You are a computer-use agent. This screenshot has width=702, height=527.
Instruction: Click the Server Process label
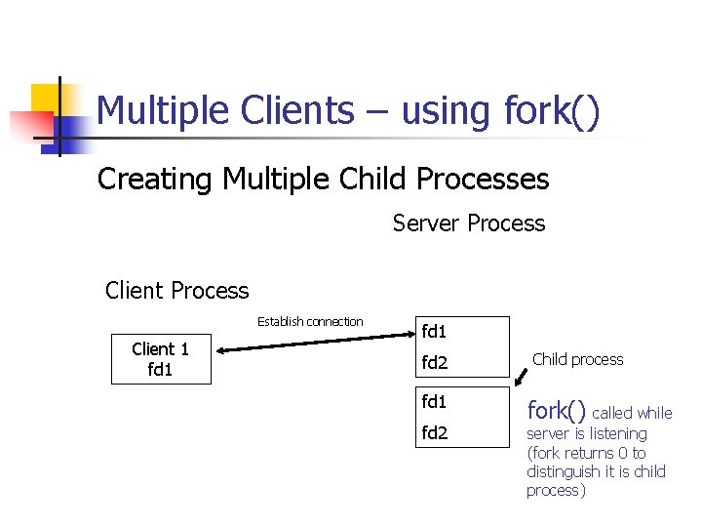click(x=469, y=223)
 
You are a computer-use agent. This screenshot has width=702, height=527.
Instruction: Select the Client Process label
click(x=176, y=291)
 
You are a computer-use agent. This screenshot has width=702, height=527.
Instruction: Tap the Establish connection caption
click(x=310, y=322)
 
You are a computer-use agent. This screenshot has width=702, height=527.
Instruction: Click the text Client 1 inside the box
click(x=160, y=349)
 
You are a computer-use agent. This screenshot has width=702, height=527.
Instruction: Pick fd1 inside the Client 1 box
click(x=160, y=369)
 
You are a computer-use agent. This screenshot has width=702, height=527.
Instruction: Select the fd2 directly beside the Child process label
click(x=434, y=364)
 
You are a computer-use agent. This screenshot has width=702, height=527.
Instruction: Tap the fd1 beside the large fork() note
click(x=434, y=401)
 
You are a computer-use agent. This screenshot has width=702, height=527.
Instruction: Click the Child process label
click(x=577, y=359)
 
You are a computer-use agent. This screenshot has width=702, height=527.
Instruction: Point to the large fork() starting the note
click(x=556, y=410)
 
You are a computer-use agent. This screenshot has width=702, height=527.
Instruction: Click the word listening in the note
click(x=615, y=433)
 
